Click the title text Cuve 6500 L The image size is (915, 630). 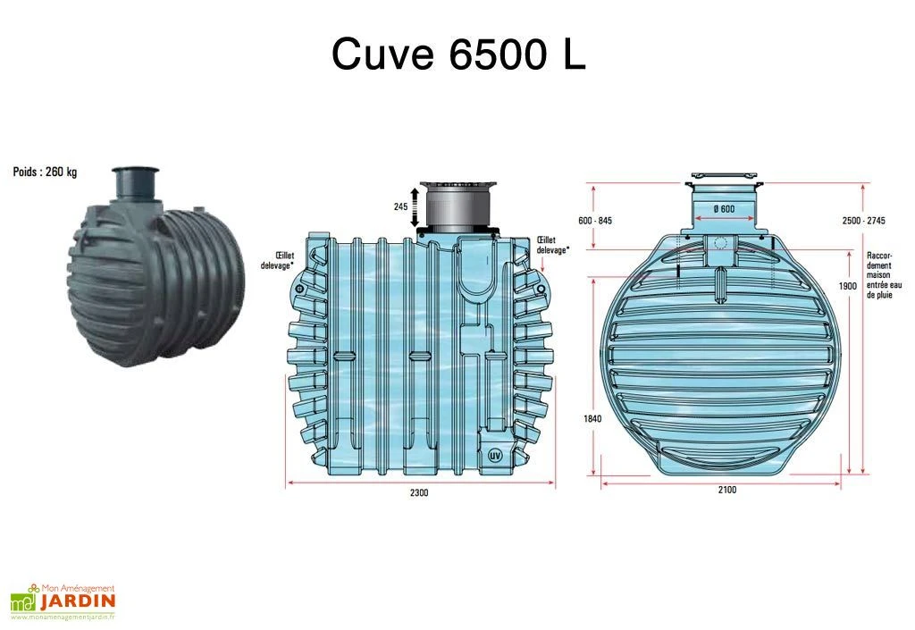click(458, 55)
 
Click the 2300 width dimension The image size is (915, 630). click(419, 494)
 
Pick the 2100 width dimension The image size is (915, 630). click(726, 491)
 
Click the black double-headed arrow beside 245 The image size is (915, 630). click(413, 206)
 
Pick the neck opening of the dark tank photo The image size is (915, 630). click(132, 172)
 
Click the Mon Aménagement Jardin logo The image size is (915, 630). click(63, 597)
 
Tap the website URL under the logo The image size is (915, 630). click(63, 617)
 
